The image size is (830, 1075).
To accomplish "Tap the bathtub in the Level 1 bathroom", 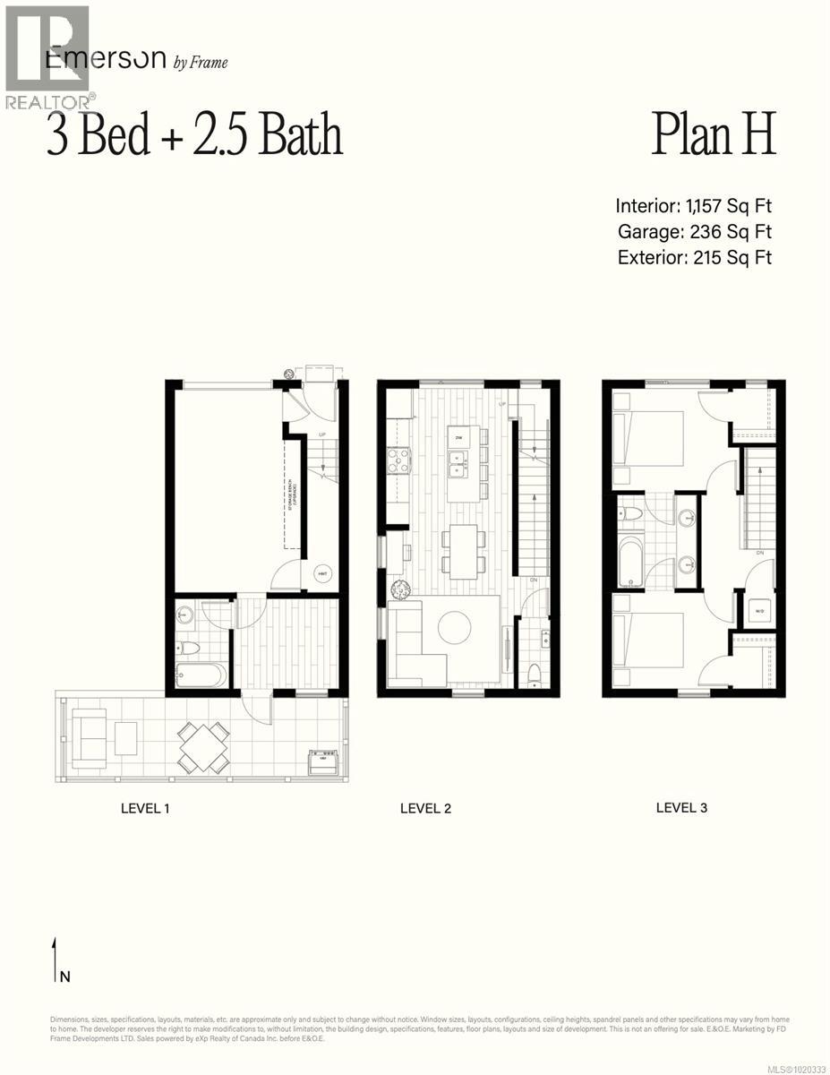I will [201, 675].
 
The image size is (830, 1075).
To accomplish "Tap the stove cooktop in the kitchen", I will [398, 460].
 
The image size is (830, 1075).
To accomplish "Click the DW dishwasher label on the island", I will [458, 437].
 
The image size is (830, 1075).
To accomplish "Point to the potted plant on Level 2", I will [399, 589].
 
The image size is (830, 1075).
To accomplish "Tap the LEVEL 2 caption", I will [425, 808].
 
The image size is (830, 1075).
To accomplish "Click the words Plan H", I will [712, 135].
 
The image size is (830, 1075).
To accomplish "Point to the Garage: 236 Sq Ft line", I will [694, 232].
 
